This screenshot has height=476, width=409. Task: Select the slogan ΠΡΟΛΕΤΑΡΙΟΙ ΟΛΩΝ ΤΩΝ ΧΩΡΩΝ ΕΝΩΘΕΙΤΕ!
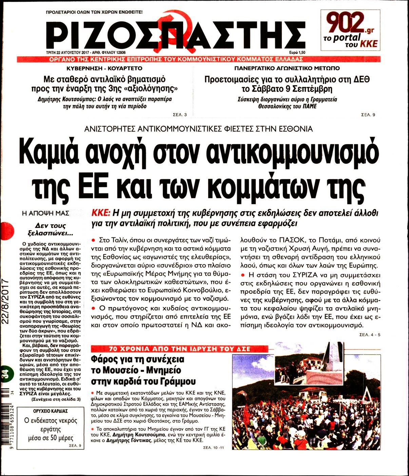(94, 12)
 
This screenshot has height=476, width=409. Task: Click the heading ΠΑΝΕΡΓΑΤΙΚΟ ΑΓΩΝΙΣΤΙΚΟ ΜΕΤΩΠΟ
(287, 68)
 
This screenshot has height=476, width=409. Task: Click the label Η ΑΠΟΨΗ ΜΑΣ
(45, 213)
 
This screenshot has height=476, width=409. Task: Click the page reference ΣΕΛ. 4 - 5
(370, 335)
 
